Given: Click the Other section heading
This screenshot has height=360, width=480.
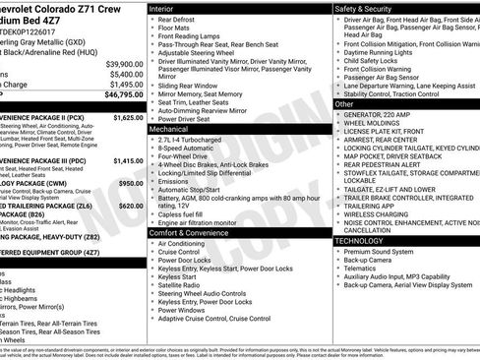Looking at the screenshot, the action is [x=343, y=103].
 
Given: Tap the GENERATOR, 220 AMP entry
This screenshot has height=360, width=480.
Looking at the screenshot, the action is [x=378, y=114].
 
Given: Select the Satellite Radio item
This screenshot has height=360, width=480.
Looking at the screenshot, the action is [x=181, y=284].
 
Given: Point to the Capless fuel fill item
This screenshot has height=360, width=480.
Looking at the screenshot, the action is [x=185, y=213].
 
